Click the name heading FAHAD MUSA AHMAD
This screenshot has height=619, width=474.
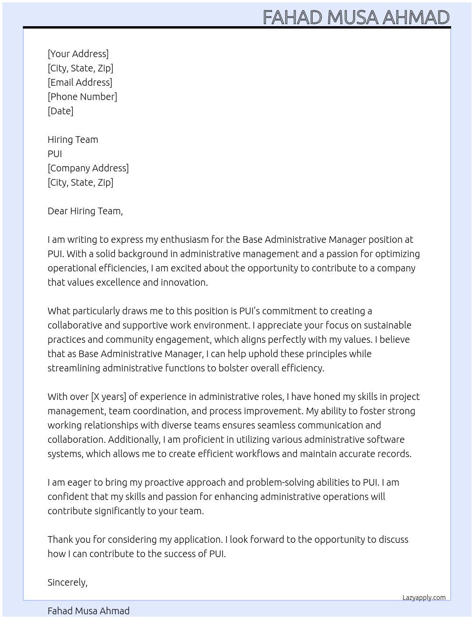pyautogui.click(x=356, y=18)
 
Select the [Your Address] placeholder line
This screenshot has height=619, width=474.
pyautogui.click(x=78, y=54)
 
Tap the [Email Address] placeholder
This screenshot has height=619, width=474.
pyautogui.click(x=80, y=82)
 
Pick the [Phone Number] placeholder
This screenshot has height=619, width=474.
pyautogui.click(x=82, y=97)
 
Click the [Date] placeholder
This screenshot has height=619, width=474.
pyautogui.click(x=60, y=111)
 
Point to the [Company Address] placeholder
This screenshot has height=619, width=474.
pyautogui.click(x=88, y=168)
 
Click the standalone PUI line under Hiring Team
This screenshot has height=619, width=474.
pyautogui.click(x=55, y=154)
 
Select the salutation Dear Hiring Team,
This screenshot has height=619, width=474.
pyautogui.click(x=85, y=211)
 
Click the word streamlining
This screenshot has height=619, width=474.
pyautogui.click(x=74, y=368)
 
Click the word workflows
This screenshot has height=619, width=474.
pyautogui.click(x=251, y=454)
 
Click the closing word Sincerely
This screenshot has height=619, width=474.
pyautogui.click(x=67, y=582)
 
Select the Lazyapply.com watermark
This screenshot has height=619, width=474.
pyautogui.click(x=424, y=598)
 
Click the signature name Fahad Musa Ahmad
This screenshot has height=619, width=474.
pyautogui.click(x=89, y=611)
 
